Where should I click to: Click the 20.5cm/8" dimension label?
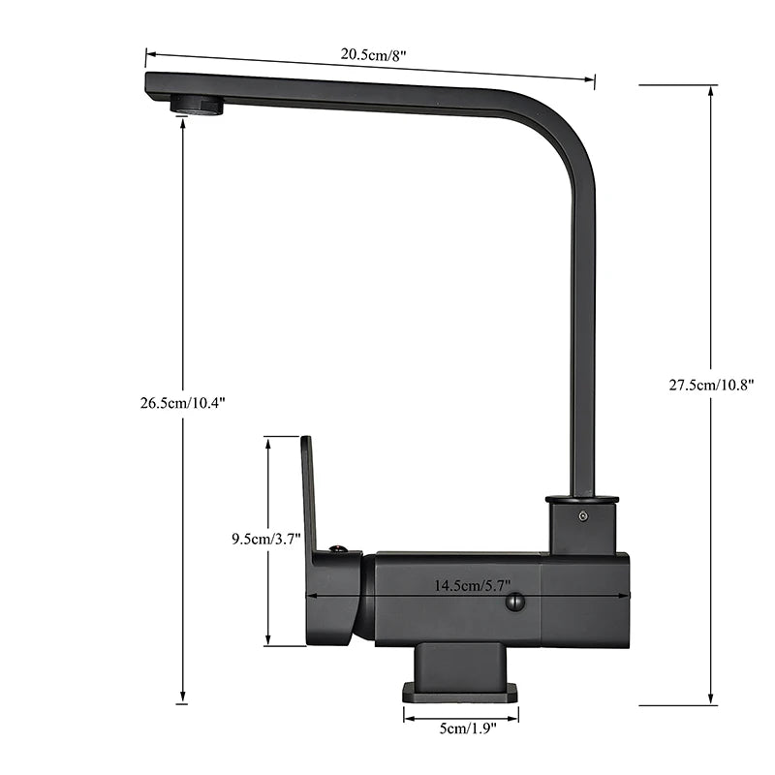[x=373, y=54]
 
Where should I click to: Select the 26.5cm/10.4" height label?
[x=183, y=403]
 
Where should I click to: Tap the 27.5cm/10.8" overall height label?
[x=711, y=384]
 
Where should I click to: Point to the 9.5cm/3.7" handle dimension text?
[x=266, y=539]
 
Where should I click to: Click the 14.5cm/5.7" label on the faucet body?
[x=473, y=585]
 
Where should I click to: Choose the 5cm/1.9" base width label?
[x=461, y=728]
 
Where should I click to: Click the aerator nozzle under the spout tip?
[x=197, y=106]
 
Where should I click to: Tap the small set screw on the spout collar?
[x=582, y=516]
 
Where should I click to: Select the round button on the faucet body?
[x=514, y=603]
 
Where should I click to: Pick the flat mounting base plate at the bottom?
[x=460, y=692]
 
